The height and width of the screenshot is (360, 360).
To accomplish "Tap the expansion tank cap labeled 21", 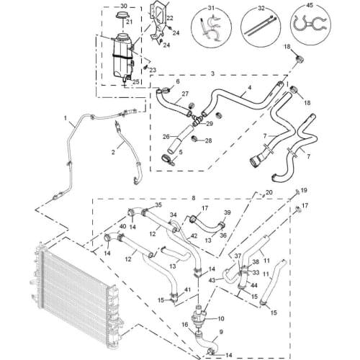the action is pos(122,15).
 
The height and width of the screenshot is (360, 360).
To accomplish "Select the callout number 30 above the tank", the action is pos(123,5).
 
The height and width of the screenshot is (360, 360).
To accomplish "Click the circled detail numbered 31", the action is pos(212,27).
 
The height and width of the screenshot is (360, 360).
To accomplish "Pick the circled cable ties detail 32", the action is pos(261,27).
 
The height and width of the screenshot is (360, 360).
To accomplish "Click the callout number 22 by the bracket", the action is pos(170,18).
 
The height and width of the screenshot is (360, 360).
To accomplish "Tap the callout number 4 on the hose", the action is pos(250,88).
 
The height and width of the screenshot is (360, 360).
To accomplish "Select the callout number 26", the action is pos(166,137).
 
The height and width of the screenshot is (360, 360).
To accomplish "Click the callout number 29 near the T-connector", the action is pos(210,124).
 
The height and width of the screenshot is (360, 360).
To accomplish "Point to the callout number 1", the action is pos(66,118).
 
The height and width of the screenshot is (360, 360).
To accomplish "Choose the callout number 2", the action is pos(113,152).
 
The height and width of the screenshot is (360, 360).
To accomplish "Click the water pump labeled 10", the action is pos(198,317).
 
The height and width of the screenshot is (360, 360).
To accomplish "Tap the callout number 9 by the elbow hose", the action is pos(221,332).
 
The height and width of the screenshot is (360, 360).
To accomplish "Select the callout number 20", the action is pos(269,192).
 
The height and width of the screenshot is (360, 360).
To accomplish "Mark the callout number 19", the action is pos(304,190).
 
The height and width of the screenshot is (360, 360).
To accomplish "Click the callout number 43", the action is pos(212,280).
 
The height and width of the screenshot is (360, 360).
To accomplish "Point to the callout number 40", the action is pos(122,226).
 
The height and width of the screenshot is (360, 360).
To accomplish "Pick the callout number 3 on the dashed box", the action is pos(212,73).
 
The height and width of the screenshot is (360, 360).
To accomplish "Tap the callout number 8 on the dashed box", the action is pos(194,198).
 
